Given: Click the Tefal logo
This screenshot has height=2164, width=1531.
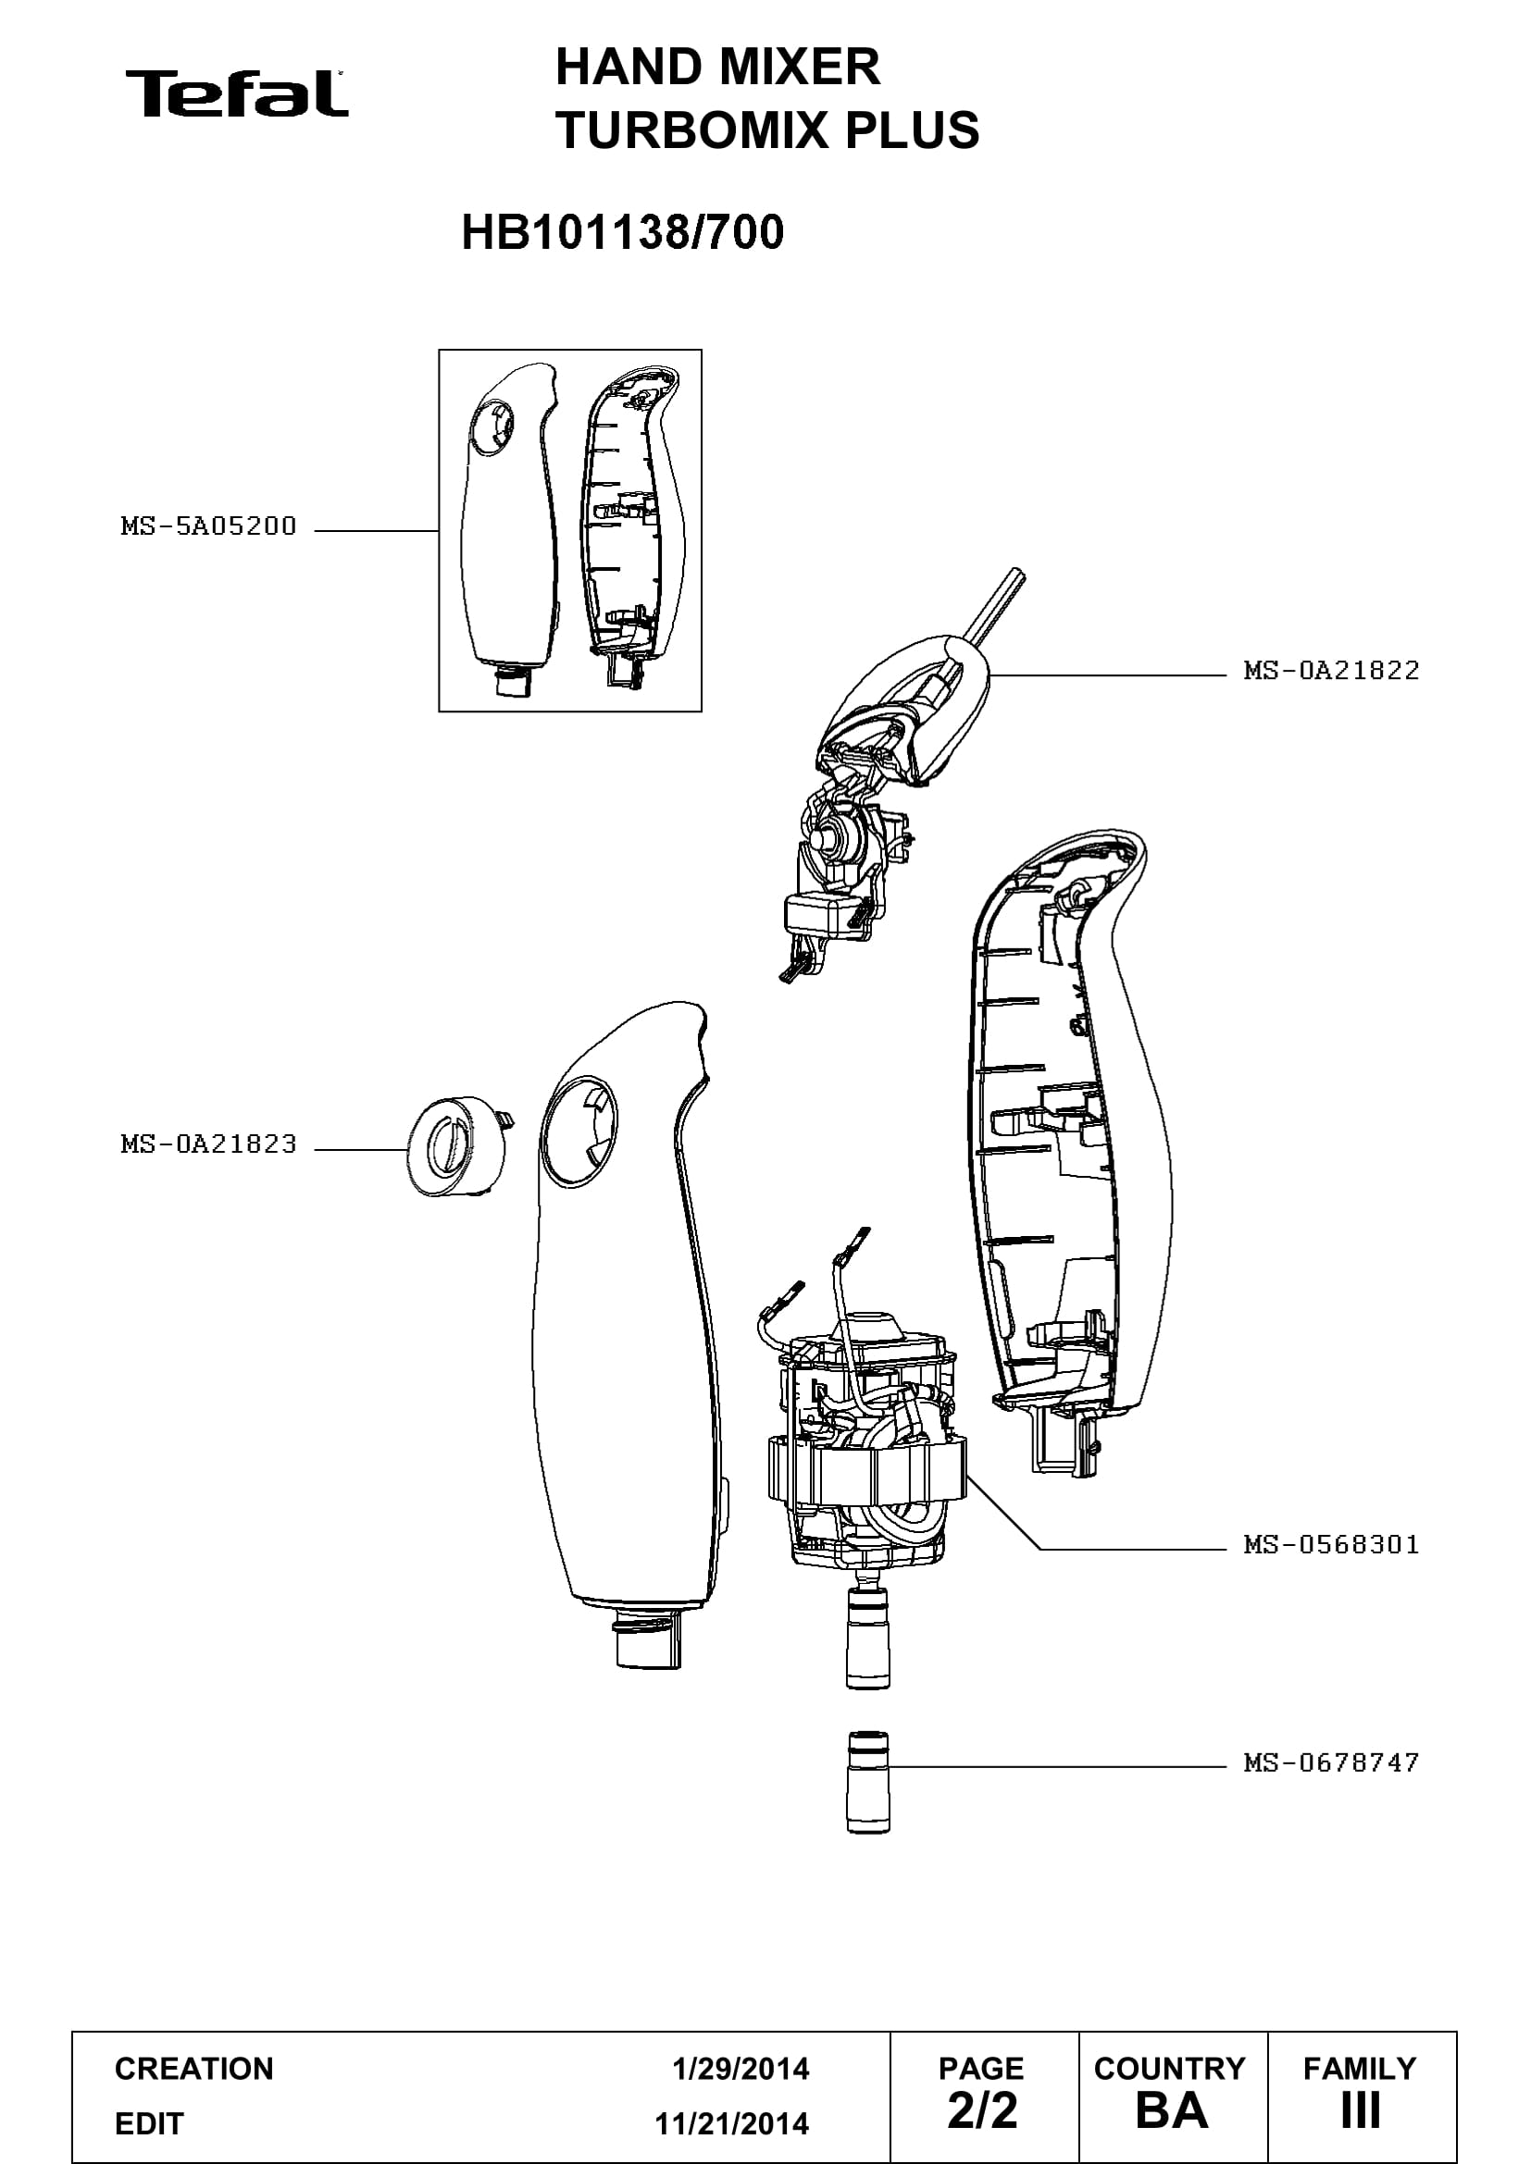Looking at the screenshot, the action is [x=237, y=93].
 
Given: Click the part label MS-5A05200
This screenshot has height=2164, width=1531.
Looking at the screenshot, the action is [x=208, y=526].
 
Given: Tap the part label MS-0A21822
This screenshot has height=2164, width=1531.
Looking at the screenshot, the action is [x=1331, y=670].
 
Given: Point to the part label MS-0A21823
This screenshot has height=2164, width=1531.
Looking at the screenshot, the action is [x=208, y=1144].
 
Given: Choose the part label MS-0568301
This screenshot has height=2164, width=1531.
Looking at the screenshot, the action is [x=1331, y=1544].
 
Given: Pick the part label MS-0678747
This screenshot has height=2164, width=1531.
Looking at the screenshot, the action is [x=1331, y=1762].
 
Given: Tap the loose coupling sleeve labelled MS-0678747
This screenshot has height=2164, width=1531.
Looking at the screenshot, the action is [x=868, y=1782].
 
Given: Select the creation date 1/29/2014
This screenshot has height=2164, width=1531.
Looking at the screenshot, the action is [x=741, y=2069].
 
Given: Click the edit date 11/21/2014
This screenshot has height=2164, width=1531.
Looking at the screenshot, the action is [x=731, y=2123].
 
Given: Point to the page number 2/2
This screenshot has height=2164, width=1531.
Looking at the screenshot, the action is [x=982, y=2111].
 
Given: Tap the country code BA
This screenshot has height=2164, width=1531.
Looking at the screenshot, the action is [x=1172, y=2111].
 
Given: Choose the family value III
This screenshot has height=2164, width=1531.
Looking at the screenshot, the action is [x=1361, y=2111].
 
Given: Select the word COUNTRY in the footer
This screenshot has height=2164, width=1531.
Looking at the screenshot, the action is [x=1170, y=2068].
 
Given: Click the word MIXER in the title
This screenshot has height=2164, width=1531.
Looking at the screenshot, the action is [x=800, y=67].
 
